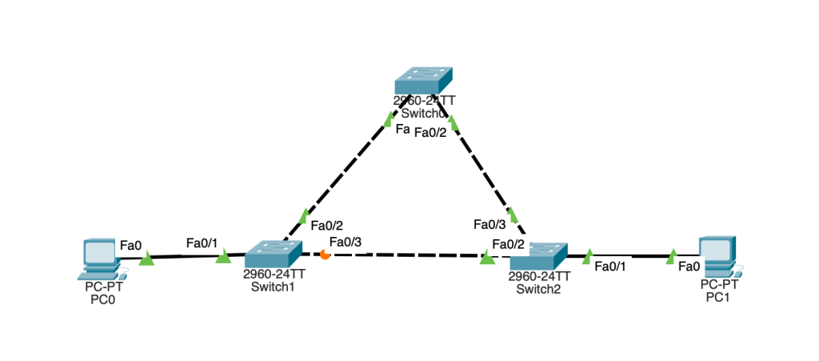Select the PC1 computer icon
click(717, 255)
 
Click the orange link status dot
click(325, 255)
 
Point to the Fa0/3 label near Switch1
click(346, 242)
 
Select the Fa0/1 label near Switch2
click(610, 267)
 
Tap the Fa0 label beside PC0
click(130, 243)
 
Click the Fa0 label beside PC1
click(689, 267)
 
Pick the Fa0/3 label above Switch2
click(489, 224)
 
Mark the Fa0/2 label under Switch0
click(429, 134)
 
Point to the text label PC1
click(717, 297)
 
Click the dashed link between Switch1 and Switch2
click(408, 255)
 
